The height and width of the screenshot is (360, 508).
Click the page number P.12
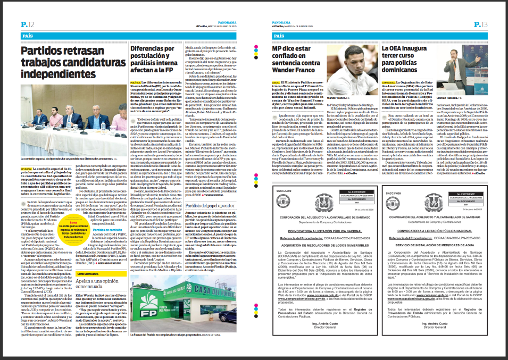(28, 24)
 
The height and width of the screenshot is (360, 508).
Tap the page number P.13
(480, 24)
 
